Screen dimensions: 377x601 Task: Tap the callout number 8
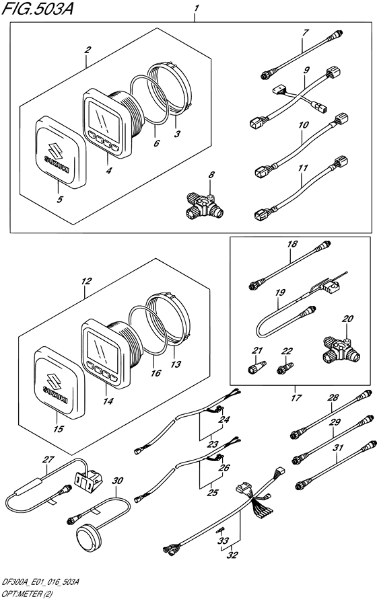(211, 175)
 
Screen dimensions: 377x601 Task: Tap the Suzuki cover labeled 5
(61, 152)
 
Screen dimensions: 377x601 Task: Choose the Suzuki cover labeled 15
(59, 382)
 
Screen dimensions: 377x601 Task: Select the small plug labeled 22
(285, 368)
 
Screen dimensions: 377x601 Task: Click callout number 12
(86, 281)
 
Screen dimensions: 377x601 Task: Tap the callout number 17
(296, 398)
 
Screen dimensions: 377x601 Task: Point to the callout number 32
(232, 555)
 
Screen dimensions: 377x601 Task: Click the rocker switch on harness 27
(88, 480)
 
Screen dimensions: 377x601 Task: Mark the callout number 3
(176, 134)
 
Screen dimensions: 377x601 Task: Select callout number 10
(304, 125)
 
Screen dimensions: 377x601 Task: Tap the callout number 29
(335, 422)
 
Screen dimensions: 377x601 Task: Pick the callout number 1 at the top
(197, 8)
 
